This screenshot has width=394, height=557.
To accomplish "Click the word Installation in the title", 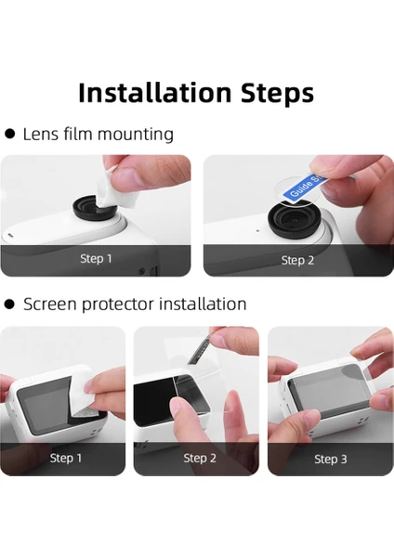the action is coord(154,92).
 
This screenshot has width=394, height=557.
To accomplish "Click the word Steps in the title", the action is coord(277,94).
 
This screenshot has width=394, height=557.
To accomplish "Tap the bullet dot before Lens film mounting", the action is coord(10,134).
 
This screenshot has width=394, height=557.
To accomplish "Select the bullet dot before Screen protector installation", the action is coord(10,304).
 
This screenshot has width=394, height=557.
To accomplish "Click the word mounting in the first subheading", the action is coord(136,135).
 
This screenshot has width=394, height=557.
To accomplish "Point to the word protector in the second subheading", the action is coord(118,304).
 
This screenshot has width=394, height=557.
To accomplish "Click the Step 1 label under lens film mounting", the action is coord(96,259).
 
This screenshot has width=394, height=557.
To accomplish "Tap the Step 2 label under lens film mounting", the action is coord(297,260).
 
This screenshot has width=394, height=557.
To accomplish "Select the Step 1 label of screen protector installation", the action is coord(66,458).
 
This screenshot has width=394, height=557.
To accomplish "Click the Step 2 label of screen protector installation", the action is coord(200,459).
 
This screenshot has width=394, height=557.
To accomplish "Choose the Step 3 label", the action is coord(331,460).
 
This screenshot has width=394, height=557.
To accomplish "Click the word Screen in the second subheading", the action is coord(50,304).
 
